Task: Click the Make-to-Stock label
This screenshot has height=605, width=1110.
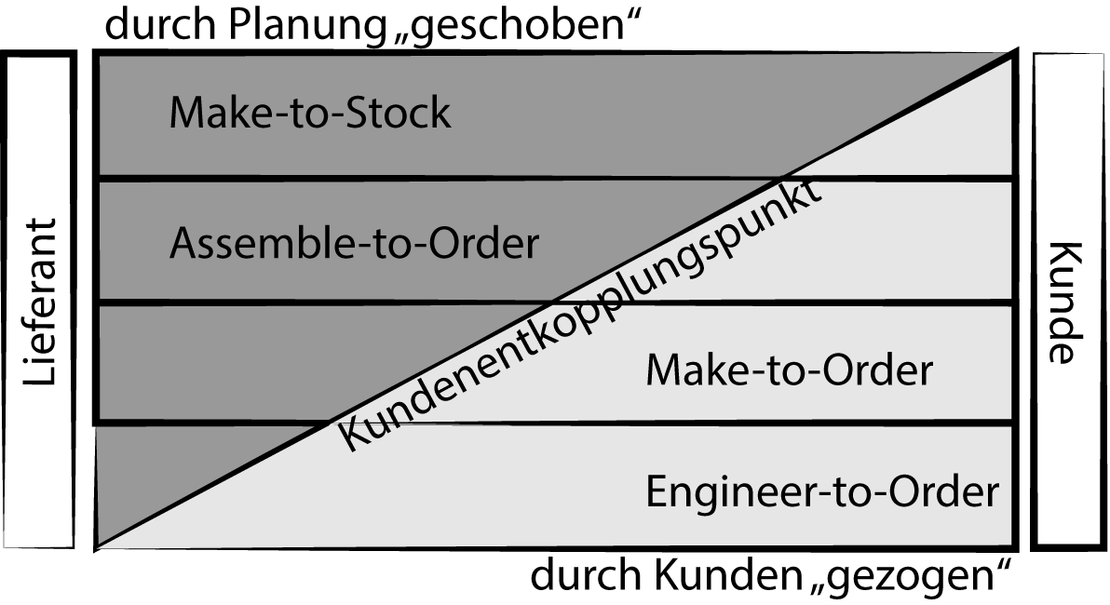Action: [x=309, y=114]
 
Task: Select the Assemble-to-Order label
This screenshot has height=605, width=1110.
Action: [x=354, y=244]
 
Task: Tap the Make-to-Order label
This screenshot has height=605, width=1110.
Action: [x=788, y=370]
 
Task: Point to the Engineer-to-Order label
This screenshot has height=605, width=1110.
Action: [x=821, y=491]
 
